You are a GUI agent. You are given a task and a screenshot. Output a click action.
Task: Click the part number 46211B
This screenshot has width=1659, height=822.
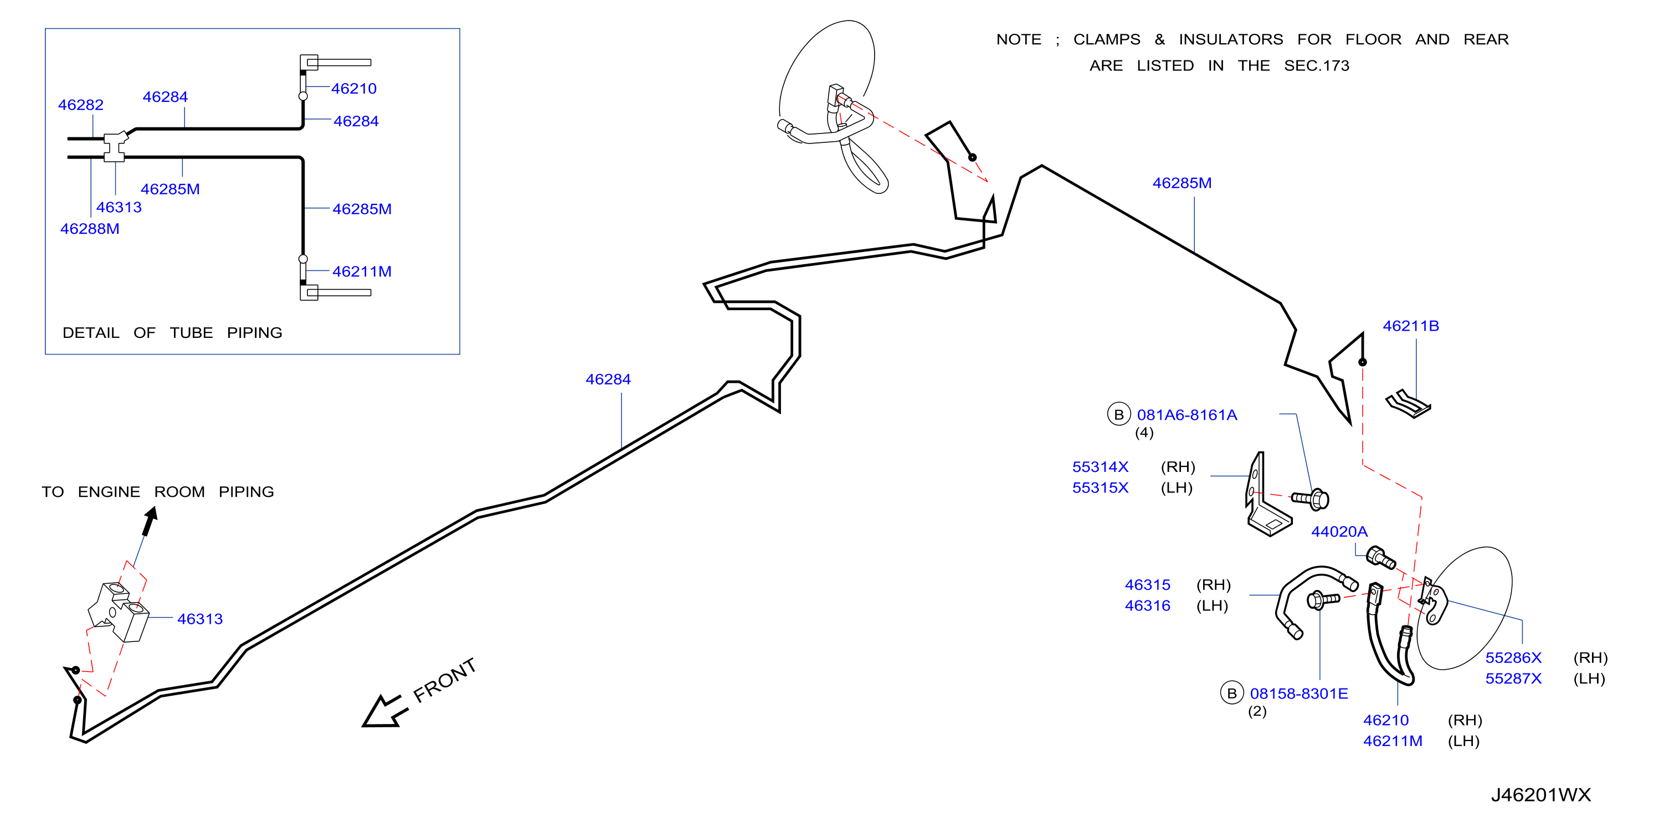coord(1410,326)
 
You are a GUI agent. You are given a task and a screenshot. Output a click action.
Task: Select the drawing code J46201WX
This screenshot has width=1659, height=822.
coord(1540,794)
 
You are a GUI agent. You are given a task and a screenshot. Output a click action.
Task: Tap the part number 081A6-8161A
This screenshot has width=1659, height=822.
coord(1187,415)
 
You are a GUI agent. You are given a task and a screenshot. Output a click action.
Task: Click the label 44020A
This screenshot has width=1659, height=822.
coord(1339,531)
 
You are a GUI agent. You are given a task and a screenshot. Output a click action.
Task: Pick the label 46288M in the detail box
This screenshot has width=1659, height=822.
coord(90,229)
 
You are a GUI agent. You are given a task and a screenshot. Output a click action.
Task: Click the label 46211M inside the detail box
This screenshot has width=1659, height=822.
coord(362,271)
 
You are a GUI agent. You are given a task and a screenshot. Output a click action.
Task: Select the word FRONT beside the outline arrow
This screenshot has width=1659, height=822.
coord(444,680)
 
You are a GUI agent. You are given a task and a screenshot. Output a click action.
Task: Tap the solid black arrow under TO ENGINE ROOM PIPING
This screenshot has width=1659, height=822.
coord(150,521)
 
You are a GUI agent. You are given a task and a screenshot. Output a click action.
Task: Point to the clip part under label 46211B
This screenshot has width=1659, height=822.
coord(1409,404)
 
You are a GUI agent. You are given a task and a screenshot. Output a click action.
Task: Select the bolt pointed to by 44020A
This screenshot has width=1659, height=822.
coord(1381,557)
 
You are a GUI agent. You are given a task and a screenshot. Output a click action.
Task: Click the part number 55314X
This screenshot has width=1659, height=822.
coord(1100,466)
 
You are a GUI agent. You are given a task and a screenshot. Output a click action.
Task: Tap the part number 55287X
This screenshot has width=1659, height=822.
coord(1513,679)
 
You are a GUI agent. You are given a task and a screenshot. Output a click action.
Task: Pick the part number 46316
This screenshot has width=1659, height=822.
coord(1148,605)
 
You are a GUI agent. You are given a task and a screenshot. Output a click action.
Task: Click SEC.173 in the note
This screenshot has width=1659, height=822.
coord(1316,66)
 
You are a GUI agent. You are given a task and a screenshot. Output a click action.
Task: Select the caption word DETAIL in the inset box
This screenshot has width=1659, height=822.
coord(91,332)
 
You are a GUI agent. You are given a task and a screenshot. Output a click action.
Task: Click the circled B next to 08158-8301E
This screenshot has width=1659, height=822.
coord(1232,693)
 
